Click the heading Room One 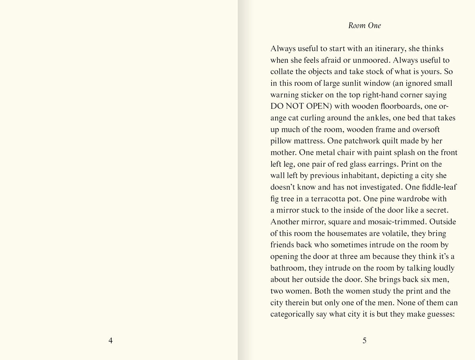[365, 26]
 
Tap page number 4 [110, 340]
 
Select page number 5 [365, 340]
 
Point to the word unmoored [367, 61]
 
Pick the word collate [283, 72]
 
